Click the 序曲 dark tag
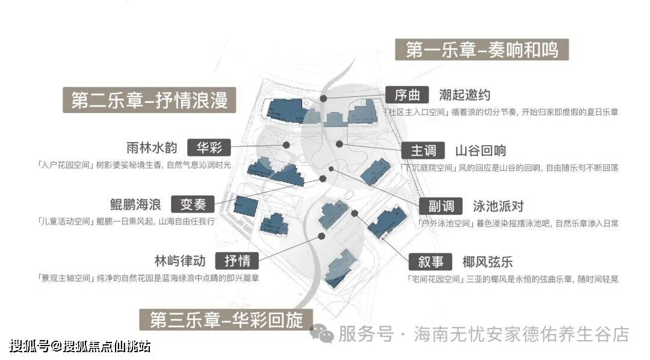(407, 95)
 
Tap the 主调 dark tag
(423, 151)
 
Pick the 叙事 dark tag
(430, 262)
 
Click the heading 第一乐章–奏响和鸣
(481, 49)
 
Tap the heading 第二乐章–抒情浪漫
(150, 100)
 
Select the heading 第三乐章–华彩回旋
(226, 320)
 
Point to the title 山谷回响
(480, 151)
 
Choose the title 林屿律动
(179, 261)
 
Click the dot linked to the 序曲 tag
(324, 98)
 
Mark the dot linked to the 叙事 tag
(355, 213)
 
